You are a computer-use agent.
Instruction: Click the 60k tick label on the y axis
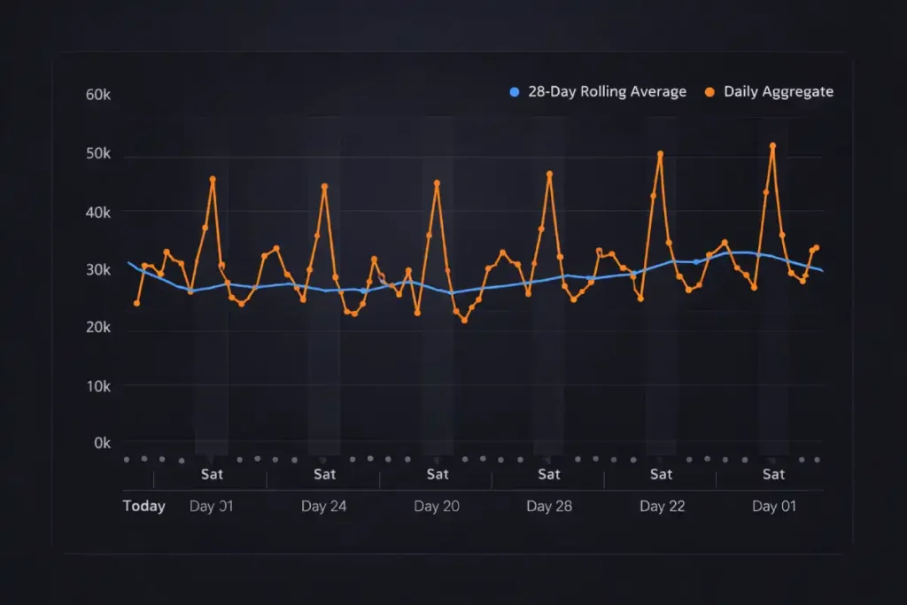point(97,95)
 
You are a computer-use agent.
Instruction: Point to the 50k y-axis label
point(97,154)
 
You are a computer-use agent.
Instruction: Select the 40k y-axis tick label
point(97,213)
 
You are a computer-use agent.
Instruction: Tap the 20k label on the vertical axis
point(97,328)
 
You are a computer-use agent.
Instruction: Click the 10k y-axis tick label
point(97,387)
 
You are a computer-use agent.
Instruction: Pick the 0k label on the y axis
point(102,443)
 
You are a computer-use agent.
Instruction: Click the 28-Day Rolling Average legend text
point(607,92)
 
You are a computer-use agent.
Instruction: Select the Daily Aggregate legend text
point(778,92)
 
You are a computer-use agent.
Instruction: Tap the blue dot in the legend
point(514,92)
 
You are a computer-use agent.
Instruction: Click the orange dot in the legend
point(710,92)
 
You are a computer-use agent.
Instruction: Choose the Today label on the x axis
point(143,507)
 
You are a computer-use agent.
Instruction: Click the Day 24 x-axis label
point(324,507)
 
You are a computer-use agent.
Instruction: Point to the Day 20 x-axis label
point(437,507)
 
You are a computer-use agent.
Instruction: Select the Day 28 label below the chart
point(549,507)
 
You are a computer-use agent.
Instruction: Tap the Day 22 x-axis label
point(662,507)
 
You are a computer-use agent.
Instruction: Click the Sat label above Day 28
point(549,475)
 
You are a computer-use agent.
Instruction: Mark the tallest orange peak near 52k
point(772,146)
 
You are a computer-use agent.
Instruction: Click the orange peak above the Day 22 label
point(660,154)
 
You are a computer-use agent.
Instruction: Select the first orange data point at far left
point(136,303)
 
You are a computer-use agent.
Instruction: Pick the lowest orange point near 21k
point(464,320)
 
